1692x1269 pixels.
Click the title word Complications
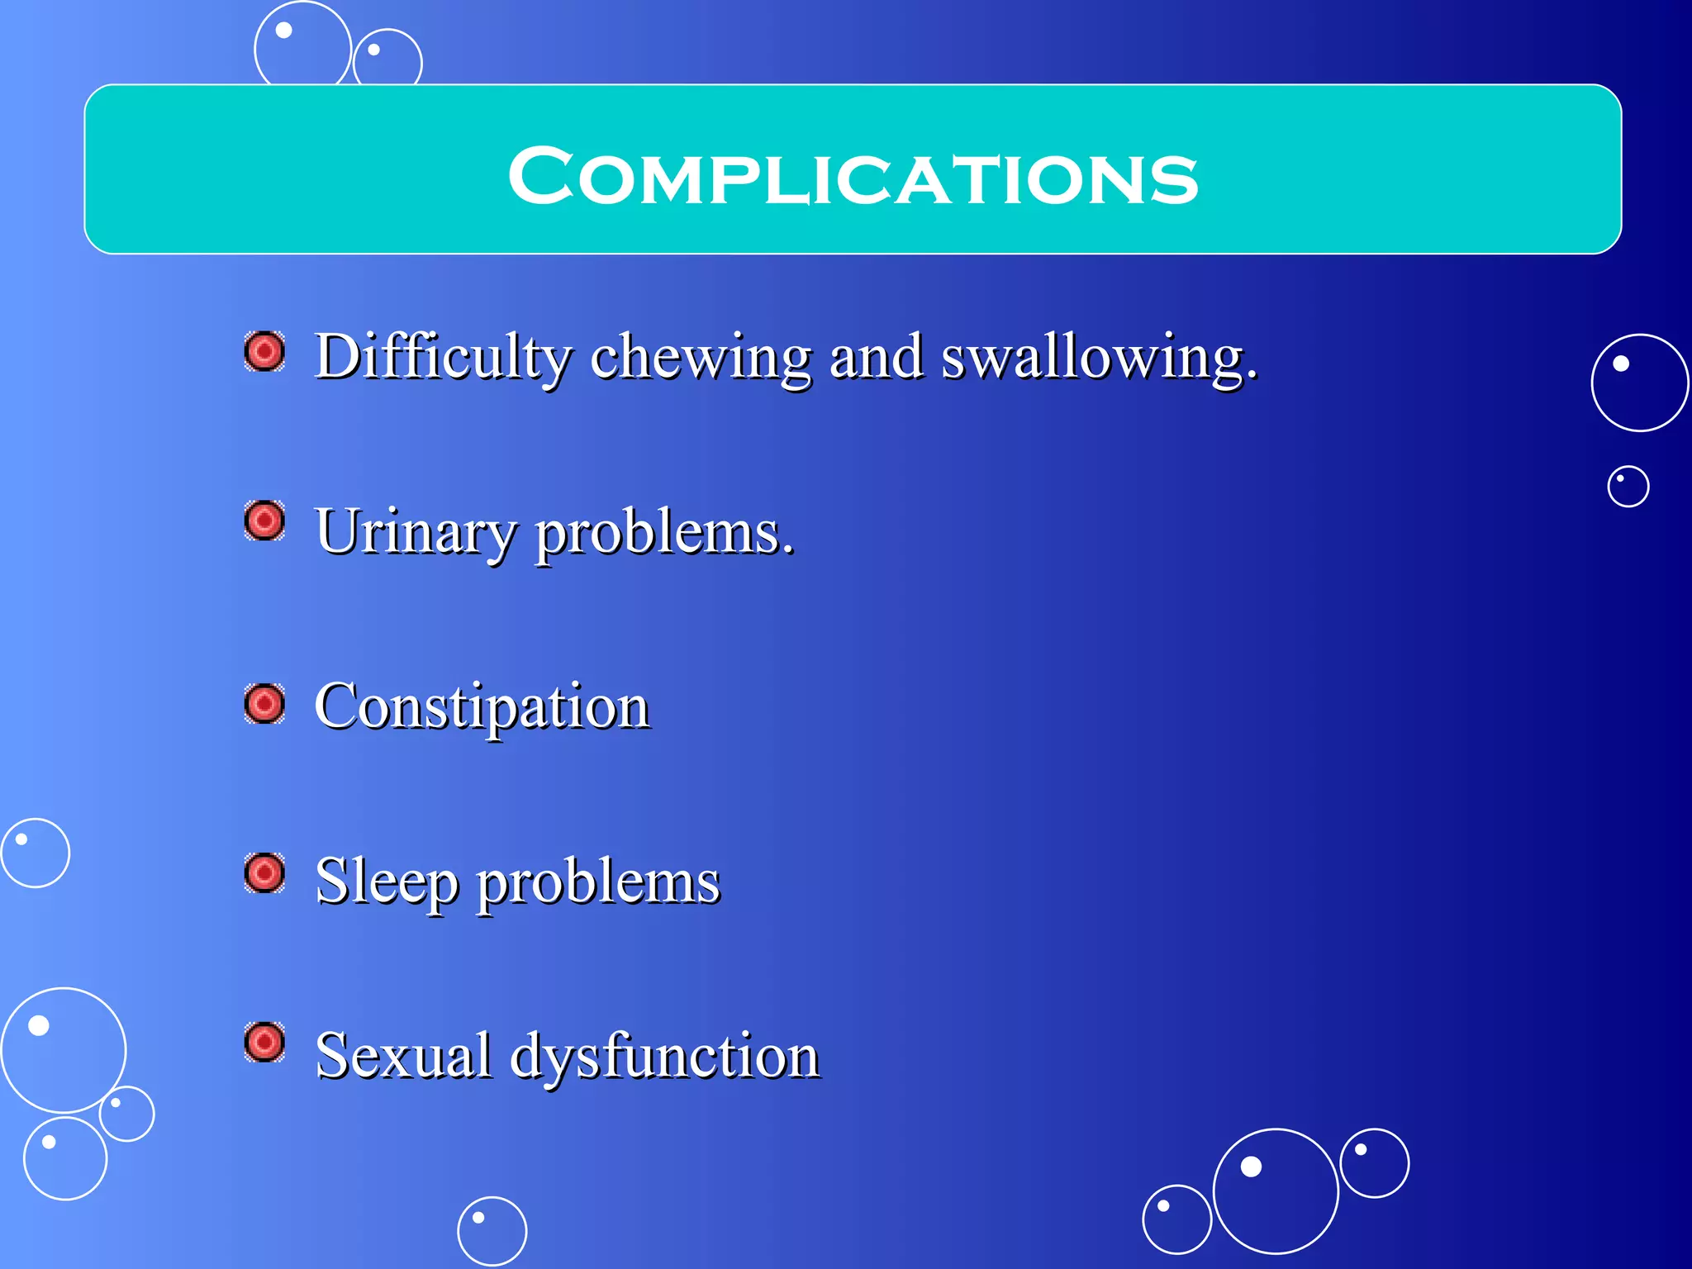pyautogui.click(x=853, y=176)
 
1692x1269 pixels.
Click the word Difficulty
pyautogui.click(x=443, y=358)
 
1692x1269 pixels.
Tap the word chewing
pyautogui.click(x=701, y=358)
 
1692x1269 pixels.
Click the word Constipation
pyautogui.click(x=482, y=707)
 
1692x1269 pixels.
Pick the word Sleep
pyautogui.click(x=387, y=882)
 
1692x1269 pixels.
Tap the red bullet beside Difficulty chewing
pyautogui.click(x=265, y=353)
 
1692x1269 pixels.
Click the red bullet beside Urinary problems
pyautogui.click(x=265, y=521)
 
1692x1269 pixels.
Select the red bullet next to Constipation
pyautogui.click(x=265, y=704)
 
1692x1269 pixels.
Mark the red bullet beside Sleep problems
pyautogui.click(x=265, y=873)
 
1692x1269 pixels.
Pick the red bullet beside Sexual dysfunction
pyautogui.click(x=265, y=1043)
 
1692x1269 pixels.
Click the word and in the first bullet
pyautogui.click(x=876, y=358)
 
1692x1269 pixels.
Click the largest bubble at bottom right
pyautogui.click(x=1275, y=1191)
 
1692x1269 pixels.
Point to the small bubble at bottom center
pyautogui.click(x=492, y=1231)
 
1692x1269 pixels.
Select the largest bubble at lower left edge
pyautogui.click(x=63, y=1050)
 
